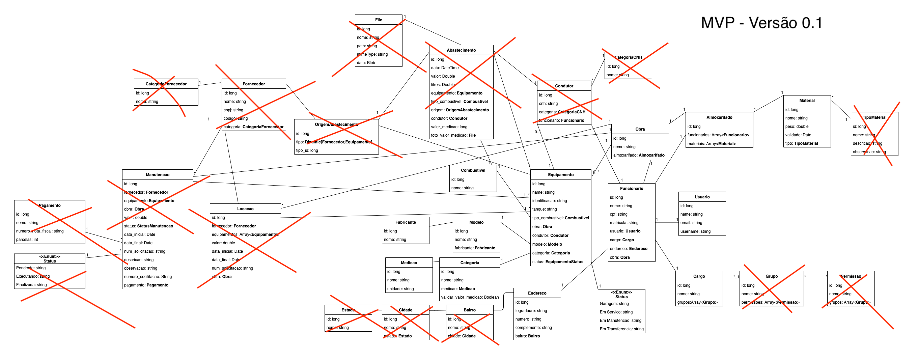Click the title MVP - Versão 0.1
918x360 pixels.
pos(761,23)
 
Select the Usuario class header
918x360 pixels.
pos(702,197)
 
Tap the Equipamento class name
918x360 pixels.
pos(561,175)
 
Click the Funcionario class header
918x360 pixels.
pos(632,189)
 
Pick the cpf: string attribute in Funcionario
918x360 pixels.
pos(618,214)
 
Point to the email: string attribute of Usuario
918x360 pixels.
pos(691,223)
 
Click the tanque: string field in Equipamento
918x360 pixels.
pos(544,209)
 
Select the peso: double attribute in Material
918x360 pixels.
pos(797,127)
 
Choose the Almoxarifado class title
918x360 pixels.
pos(719,117)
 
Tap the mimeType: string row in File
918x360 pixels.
pos(372,54)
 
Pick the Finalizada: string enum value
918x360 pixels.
pos(31,285)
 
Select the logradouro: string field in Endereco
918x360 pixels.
pos(531,311)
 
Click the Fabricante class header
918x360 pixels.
pos(406,222)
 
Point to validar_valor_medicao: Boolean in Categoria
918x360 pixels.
pos(470,297)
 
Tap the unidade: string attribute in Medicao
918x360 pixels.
pos(400,289)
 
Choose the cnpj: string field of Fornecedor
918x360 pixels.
pos(233,110)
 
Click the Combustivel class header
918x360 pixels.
pos(473,170)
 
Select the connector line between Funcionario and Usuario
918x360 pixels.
pos(667,223)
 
